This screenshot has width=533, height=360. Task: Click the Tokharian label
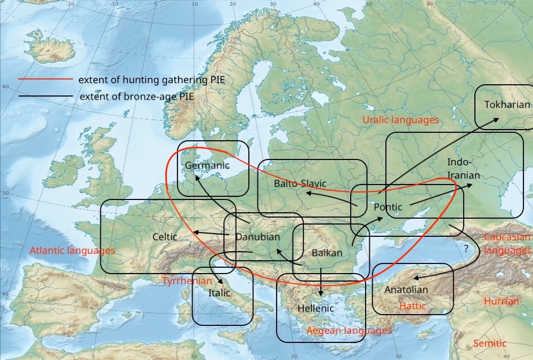tap(507, 105)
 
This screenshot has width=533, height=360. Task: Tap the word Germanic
tap(207, 165)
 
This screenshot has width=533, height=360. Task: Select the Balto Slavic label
tap(300, 183)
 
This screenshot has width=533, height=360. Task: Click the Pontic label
tap(387, 207)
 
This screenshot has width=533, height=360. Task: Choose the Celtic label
tap(165, 237)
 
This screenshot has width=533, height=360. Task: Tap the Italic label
tap(219, 293)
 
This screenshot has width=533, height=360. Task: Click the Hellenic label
tap(316, 308)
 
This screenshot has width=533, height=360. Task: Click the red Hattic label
tap(413, 306)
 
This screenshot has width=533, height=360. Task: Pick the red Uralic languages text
tap(400, 120)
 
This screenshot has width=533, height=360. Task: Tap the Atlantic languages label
tap(72, 251)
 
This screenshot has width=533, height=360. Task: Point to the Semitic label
tap(490, 343)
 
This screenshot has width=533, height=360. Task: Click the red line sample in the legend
tap(45, 79)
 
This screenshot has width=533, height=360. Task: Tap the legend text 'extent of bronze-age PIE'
tap(136, 97)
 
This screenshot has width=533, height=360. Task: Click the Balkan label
tap(327, 253)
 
